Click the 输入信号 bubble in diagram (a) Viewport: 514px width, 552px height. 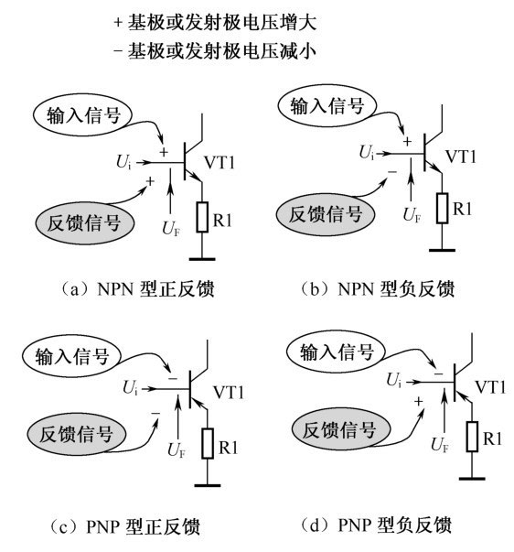coord(82,114)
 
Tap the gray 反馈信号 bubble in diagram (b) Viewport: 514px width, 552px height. coord(326,213)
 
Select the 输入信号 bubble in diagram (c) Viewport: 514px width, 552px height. coord(71,357)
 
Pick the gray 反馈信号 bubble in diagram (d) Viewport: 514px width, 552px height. coord(341,429)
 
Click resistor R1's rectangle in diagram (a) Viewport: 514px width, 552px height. coord(202,217)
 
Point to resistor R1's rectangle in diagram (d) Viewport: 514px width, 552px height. coord(472,437)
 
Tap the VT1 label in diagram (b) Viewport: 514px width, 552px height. coord(461,157)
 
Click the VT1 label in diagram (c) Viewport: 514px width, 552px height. coord(229,392)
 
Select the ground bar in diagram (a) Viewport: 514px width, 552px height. coord(202,259)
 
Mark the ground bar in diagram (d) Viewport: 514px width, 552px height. coord(472,479)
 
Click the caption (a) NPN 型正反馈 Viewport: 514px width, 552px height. coord(137,289)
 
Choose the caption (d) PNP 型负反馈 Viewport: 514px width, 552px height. coord(377,525)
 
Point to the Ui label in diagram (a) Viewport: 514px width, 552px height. coord(123,162)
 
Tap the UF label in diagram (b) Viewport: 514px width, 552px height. coord(412,214)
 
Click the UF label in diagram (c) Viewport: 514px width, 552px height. coord(177,449)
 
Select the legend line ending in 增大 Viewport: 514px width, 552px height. coord(215,22)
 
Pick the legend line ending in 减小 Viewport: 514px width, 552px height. coord(215,51)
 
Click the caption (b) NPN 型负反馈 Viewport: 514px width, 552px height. coord(378,288)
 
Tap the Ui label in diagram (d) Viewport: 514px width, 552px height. coord(393,380)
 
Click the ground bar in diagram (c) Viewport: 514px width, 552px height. coord(208,485)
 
